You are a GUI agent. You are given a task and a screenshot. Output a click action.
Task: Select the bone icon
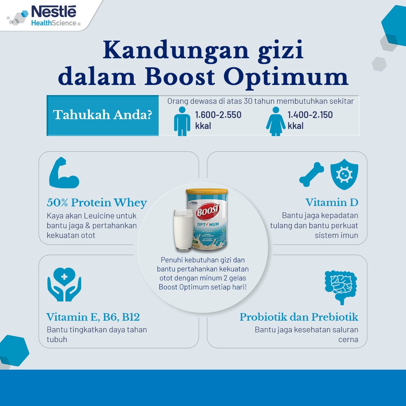(312, 174)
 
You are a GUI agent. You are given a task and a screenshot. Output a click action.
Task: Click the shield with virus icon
(344, 174)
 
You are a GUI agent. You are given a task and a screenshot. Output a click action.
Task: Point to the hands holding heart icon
(64, 284)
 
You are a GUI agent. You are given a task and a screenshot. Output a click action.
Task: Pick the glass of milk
(183, 230)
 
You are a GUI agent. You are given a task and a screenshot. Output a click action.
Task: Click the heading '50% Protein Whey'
(97, 203)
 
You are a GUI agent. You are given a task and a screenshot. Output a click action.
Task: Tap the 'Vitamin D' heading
(332, 203)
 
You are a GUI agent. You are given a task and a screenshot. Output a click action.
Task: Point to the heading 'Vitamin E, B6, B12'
(93, 317)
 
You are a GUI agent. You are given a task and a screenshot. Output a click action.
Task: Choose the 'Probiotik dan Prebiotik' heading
(299, 317)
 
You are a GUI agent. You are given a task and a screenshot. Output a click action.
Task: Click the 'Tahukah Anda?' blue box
(103, 115)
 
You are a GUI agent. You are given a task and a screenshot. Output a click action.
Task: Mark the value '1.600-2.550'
(218, 115)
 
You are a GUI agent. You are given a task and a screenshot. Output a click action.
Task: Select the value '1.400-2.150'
(310, 115)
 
